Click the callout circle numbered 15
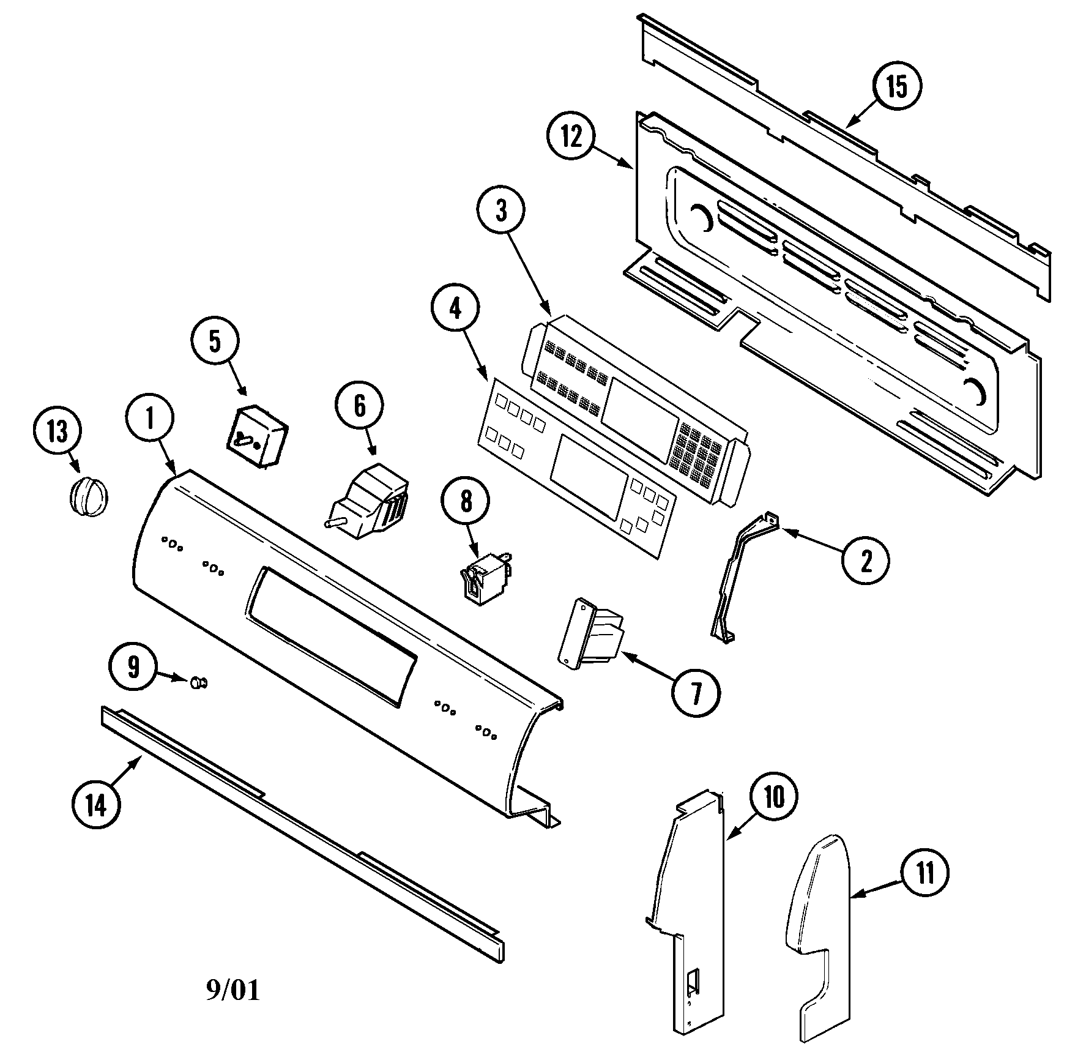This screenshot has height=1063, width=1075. point(897,87)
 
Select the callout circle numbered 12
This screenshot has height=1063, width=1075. point(571,138)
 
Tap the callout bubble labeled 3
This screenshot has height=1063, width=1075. point(501,212)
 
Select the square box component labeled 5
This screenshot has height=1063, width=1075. point(256,436)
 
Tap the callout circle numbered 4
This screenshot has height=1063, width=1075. point(455,309)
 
